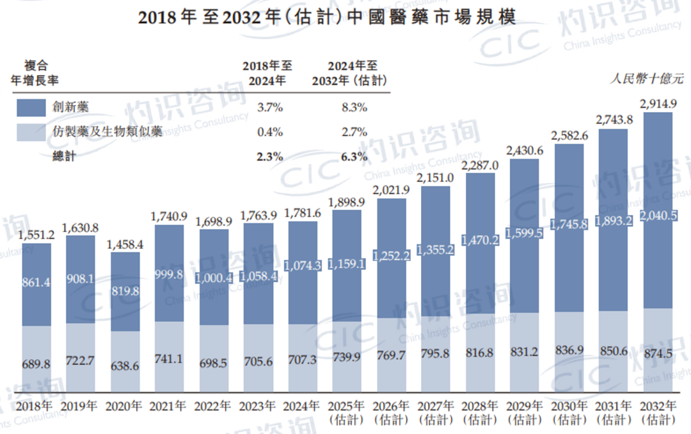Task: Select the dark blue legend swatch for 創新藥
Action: pyautogui.click(x=31, y=108)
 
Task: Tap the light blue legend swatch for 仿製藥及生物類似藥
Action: pyautogui.click(x=31, y=133)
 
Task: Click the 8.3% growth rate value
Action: pyautogui.click(x=354, y=108)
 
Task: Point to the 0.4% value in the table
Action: pyautogui.click(x=269, y=133)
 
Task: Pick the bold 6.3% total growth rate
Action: pyautogui.click(x=354, y=157)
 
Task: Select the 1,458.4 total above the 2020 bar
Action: pyautogui.click(x=125, y=244)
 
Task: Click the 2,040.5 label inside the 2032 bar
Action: pyautogui.click(x=658, y=216)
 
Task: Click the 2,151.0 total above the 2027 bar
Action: pyautogui.click(x=435, y=178)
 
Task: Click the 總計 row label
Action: pyautogui.click(x=64, y=157)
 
